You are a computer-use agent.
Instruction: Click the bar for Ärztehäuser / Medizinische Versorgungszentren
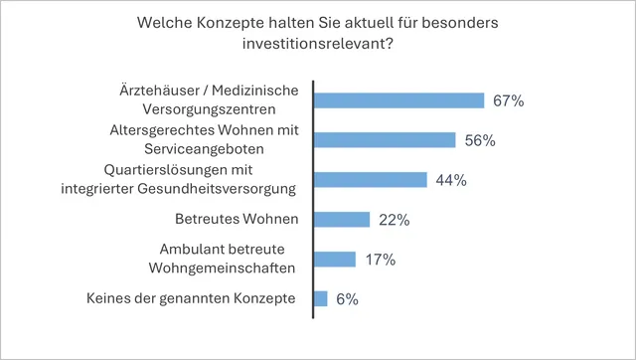pos(398,100)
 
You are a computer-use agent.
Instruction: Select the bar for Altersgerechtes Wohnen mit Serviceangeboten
pos(384,140)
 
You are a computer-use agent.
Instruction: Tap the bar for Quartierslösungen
pos(370,180)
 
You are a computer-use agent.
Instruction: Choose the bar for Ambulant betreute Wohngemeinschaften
pos(334,260)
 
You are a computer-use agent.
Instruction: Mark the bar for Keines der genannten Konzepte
pos(320,298)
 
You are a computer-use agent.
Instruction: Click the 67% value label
pos(508,100)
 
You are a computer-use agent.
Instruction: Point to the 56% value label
pos(479,140)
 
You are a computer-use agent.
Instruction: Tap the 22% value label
pos(394,220)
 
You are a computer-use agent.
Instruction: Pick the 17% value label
pos(379,260)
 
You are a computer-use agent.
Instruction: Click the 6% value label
pos(346,298)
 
